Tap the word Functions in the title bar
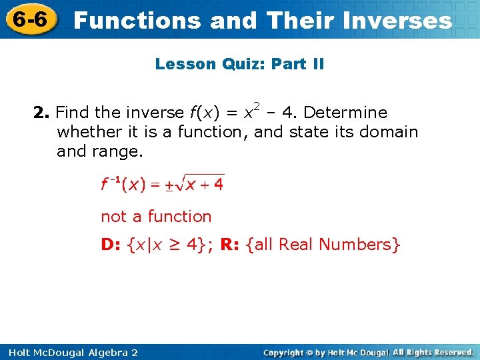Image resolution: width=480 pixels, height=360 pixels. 137,21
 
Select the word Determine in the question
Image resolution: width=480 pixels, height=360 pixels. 345,113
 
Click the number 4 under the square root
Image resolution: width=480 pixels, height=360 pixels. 218,185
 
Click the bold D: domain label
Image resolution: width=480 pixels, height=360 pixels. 111,245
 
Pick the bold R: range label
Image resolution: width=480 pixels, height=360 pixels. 230,245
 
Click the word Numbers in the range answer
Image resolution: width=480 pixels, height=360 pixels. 361,245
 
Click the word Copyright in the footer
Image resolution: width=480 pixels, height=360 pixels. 287,352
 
